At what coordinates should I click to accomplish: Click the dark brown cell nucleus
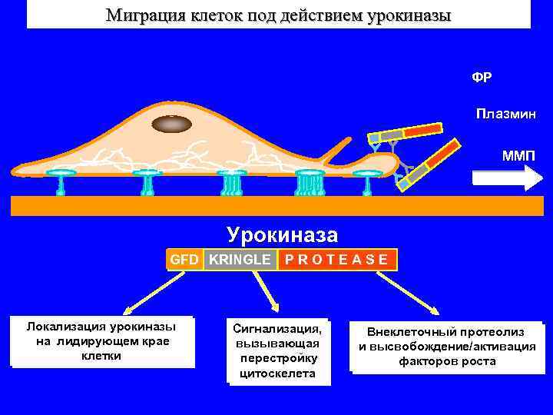(174, 124)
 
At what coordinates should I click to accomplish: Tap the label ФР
(482, 78)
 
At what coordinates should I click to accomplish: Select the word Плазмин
(505, 115)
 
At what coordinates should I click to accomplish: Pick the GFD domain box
(184, 260)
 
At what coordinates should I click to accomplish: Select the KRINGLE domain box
(240, 260)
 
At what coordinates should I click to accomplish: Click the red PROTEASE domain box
(336, 260)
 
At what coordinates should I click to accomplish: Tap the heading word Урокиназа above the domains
(281, 234)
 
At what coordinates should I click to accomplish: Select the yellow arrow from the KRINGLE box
(264, 290)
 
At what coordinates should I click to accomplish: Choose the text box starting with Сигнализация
(278, 351)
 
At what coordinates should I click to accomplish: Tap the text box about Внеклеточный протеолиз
(446, 347)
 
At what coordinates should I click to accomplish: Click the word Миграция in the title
(143, 15)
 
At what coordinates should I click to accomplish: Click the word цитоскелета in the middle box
(277, 374)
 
